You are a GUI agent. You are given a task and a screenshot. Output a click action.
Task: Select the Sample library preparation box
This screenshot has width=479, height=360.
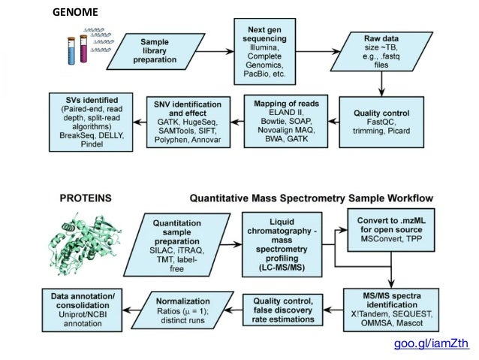pos(153,51)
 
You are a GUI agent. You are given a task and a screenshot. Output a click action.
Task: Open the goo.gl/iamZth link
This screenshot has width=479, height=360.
pos(432,344)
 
